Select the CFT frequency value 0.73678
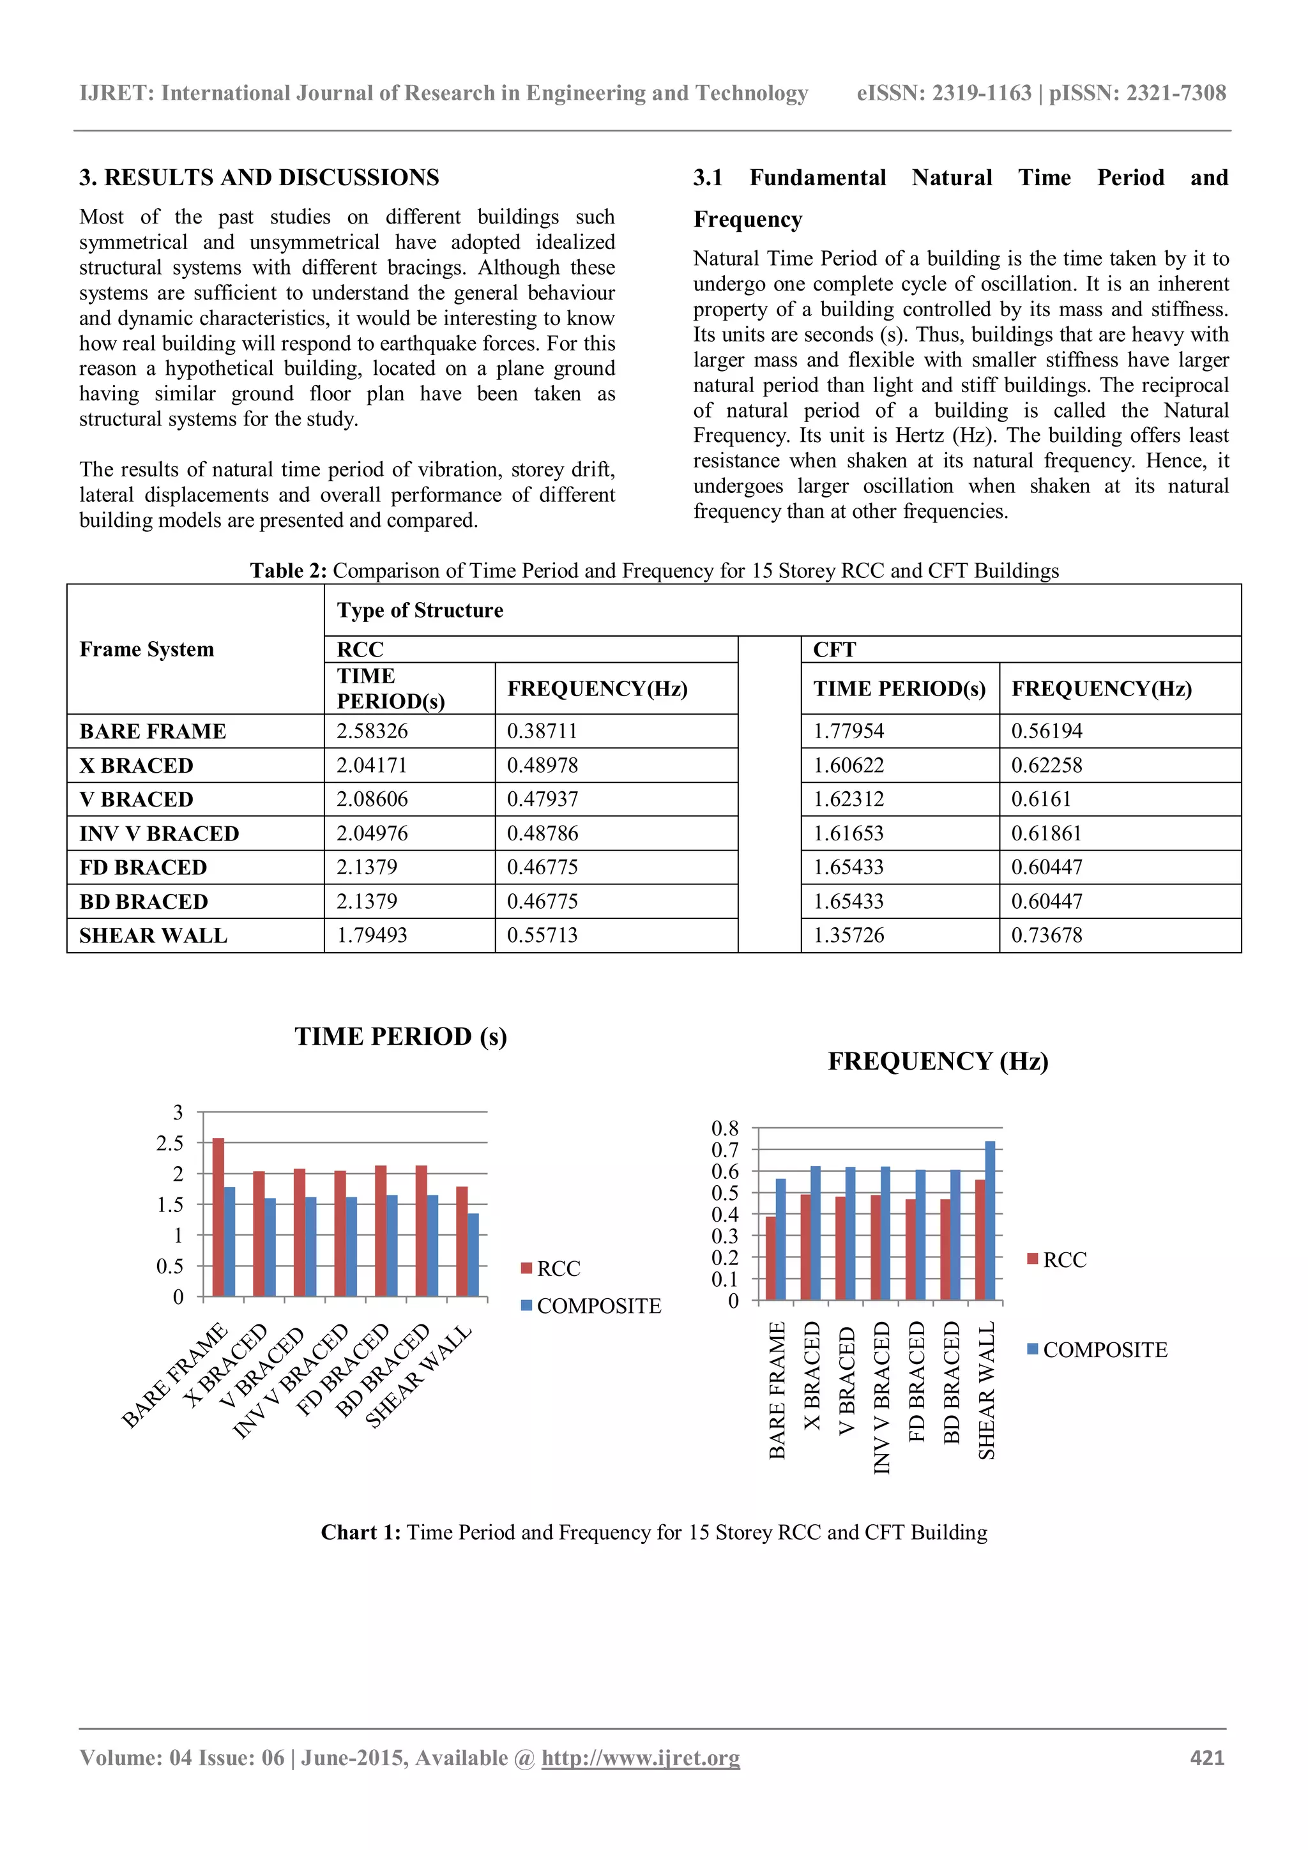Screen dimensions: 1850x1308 [x=1046, y=935]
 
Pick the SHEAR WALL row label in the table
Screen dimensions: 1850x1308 [x=153, y=936]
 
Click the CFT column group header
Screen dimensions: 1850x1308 [x=834, y=649]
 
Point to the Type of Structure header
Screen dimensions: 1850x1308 [x=420, y=610]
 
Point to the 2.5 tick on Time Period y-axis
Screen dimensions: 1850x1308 [x=170, y=1142]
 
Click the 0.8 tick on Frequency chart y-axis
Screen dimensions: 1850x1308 [x=724, y=1128]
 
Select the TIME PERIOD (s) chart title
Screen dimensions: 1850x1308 [x=400, y=1036]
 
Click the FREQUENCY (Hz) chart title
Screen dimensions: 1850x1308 [x=938, y=1061]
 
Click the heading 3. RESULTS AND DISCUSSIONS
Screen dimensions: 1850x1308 [x=259, y=178]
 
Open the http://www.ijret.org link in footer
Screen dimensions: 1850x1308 [x=640, y=1757]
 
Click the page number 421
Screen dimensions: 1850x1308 [x=1206, y=1757]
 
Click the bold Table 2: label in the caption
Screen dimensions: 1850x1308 [x=287, y=570]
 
